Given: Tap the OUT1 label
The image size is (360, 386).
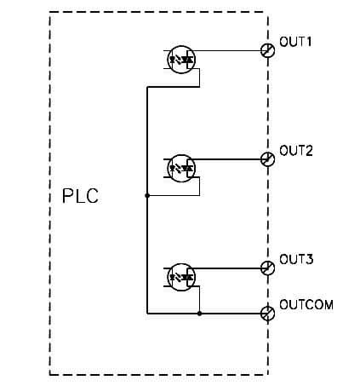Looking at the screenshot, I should click(x=297, y=42).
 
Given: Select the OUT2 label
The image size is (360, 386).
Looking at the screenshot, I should click(x=297, y=151).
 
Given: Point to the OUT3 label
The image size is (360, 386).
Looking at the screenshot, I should click(x=297, y=259).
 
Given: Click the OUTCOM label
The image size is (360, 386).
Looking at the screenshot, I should click(x=306, y=304).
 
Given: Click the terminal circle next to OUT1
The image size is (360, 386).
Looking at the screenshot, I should click(x=267, y=50).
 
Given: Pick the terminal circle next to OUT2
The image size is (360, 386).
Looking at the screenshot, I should click(x=267, y=159).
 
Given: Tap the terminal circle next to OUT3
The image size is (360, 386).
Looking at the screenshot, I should click(x=267, y=268).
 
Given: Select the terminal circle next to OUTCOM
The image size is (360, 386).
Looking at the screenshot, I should click(x=267, y=313).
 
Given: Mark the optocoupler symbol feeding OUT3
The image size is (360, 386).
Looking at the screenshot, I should click(x=180, y=275).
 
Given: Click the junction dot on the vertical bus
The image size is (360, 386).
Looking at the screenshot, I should click(x=147, y=195).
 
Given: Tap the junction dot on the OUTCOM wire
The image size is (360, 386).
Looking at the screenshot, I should click(x=199, y=313).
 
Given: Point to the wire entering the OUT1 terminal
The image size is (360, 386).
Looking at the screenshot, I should click(x=230, y=50).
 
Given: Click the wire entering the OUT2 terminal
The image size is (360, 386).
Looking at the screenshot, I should click(x=230, y=159).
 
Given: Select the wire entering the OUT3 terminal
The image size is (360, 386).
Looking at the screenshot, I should click(x=230, y=268).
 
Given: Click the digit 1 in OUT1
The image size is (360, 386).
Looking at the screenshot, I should click(x=311, y=42).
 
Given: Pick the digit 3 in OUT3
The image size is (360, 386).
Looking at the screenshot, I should click(x=311, y=259).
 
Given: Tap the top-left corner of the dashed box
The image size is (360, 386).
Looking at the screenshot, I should click(x=50, y=13).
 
